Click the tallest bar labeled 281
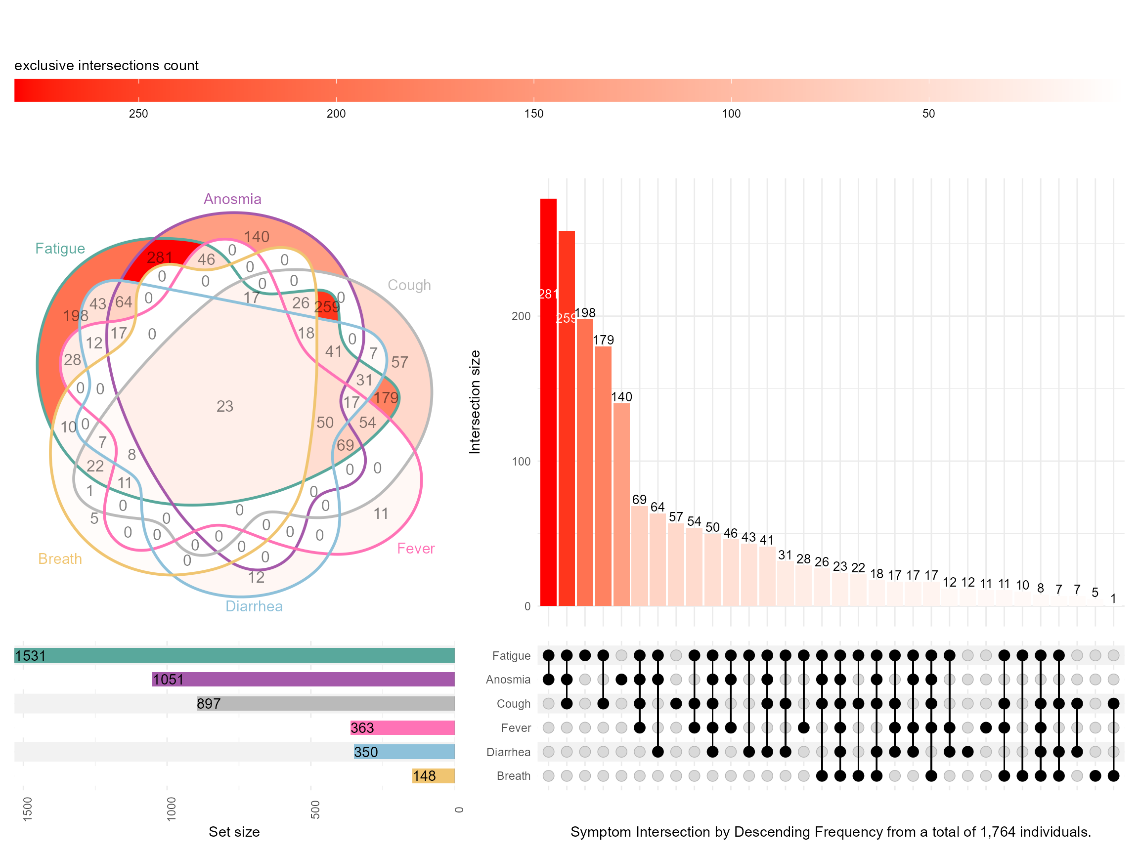click(x=548, y=401)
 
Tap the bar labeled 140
click(x=621, y=504)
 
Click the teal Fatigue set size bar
click(x=234, y=655)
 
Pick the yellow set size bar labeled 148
click(x=433, y=776)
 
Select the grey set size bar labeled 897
click(x=325, y=703)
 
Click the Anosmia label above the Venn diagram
click(x=232, y=199)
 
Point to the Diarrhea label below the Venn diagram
click(x=254, y=606)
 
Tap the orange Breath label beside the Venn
click(x=60, y=559)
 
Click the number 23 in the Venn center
click(x=224, y=407)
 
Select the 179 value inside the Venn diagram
click(x=386, y=398)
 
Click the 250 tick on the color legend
click(x=138, y=114)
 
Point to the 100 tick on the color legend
click(x=731, y=114)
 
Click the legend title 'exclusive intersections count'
click(x=106, y=66)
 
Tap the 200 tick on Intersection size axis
click(x=521, y=316)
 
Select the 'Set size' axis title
click(x=234, y=832)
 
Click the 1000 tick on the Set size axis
click(x=171, y=808)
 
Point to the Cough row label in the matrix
click(x=513, y=704)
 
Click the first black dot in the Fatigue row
click(x=548, y=655)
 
